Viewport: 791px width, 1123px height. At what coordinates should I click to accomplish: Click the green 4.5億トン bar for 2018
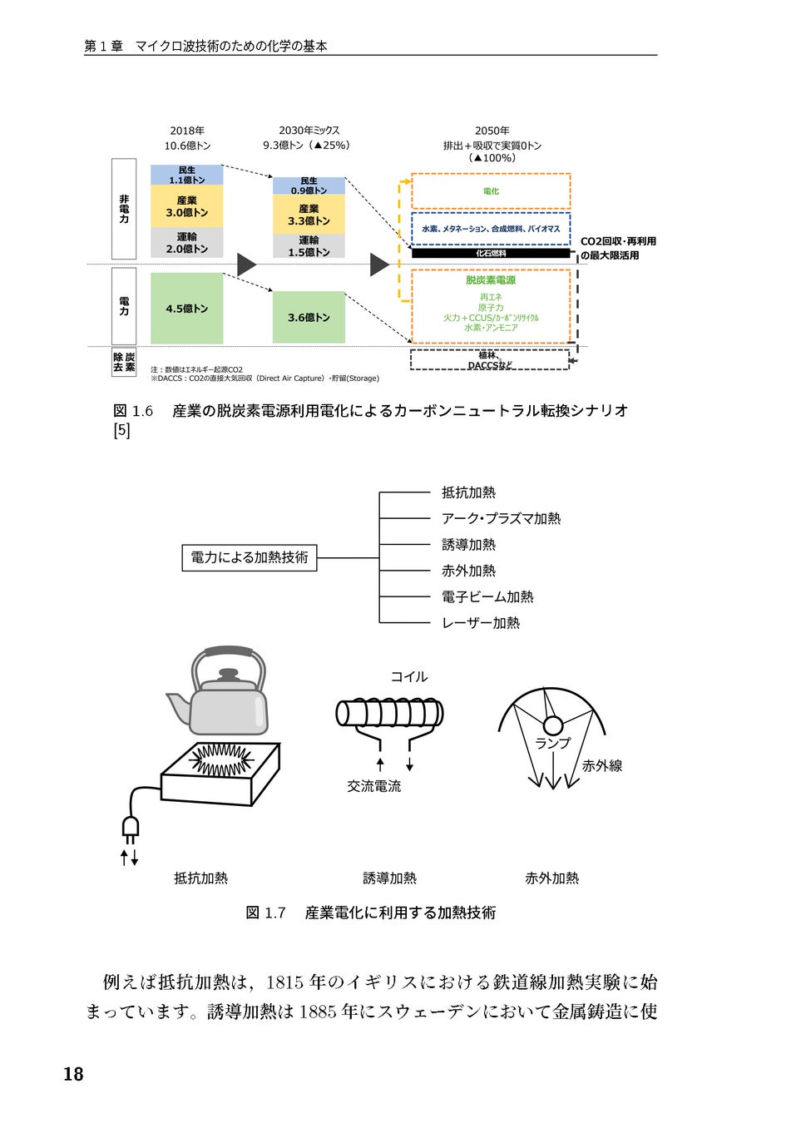[x=186, y=308]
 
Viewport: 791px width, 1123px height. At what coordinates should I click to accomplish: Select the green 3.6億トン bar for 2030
[x=309, y=317]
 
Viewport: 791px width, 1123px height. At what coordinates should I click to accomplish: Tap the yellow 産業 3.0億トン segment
[x=186, y=206]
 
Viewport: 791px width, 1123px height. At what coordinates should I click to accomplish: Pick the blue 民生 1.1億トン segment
[x=186, y=175]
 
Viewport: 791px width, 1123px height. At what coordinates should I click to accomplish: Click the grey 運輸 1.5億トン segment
[x=309, y=246]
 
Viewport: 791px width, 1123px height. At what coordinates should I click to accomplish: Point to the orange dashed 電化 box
[x=491, y=191]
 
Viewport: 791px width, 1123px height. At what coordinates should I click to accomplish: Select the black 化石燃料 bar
[x=491, y=253]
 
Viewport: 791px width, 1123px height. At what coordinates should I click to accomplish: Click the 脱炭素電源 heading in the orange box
[x=491, y=280]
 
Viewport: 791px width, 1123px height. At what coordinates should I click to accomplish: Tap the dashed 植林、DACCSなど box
[x=490, y=360]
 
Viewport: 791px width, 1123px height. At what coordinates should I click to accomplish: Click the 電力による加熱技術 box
[x=250, y=557]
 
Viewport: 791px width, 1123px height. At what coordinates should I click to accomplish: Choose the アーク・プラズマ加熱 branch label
[x=501, y=518]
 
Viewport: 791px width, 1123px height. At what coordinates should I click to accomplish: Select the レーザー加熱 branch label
[x=481, y=622]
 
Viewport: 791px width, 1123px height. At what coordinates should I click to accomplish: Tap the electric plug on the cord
[x=130, y=827]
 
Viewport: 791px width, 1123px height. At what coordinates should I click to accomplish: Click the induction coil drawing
[x=389, y=713]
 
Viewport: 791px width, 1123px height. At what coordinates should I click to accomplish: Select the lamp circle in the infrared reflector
[x=553, y=725]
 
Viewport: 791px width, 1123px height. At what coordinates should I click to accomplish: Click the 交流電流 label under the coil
[x=373, y=785]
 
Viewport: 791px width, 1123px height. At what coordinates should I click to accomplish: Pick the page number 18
[x=73, y=1074]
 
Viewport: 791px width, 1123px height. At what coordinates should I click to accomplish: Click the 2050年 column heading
[x=492, y=131]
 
